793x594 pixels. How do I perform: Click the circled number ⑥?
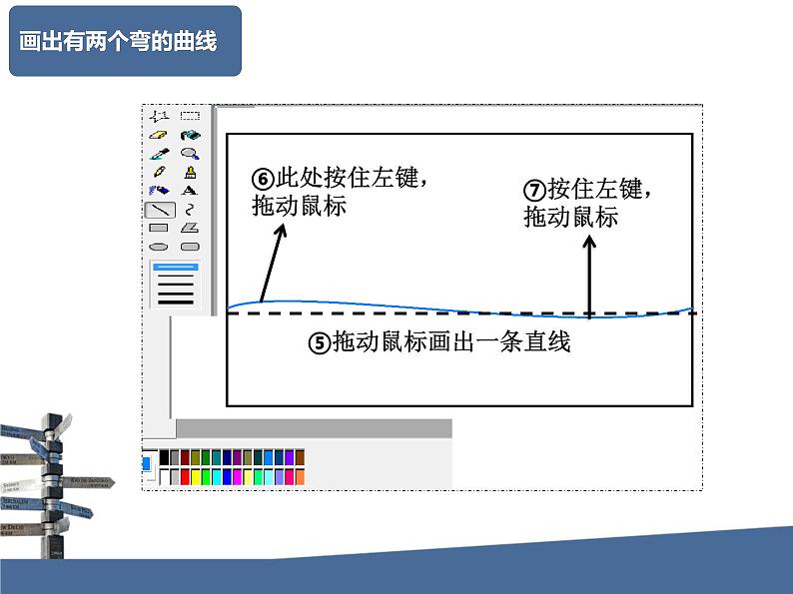(264, 180)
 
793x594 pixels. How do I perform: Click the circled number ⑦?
(535, 190)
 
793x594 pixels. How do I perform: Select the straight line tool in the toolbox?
(159, 210)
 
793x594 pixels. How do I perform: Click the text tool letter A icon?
(190, 191)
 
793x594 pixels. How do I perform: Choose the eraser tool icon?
(159, 135)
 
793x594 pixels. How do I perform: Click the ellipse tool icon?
(159, 246)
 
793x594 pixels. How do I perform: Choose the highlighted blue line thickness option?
(176, 268)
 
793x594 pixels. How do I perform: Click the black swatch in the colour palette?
(164, 457)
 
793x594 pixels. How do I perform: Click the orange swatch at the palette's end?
(300, 477)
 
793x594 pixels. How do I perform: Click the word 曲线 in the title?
(198, 42)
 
